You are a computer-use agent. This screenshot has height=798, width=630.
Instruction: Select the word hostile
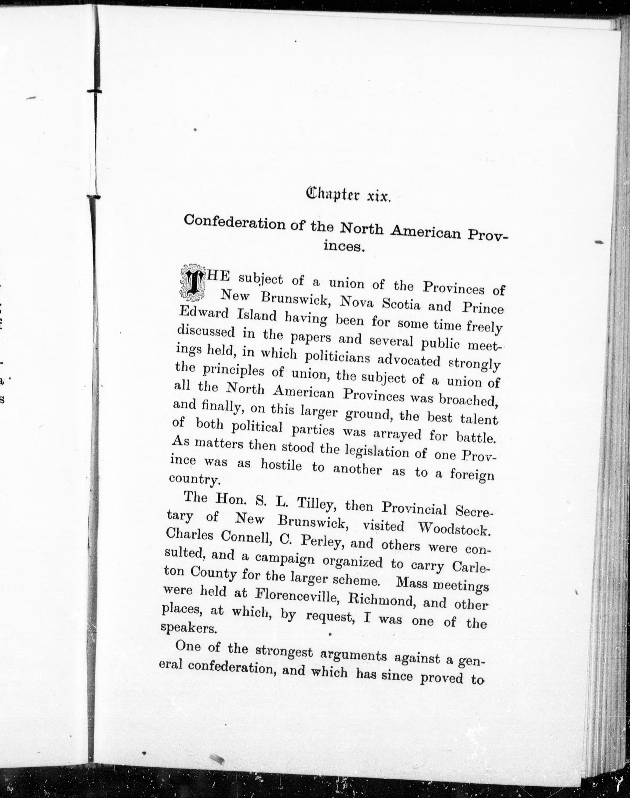pos(281,466)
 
